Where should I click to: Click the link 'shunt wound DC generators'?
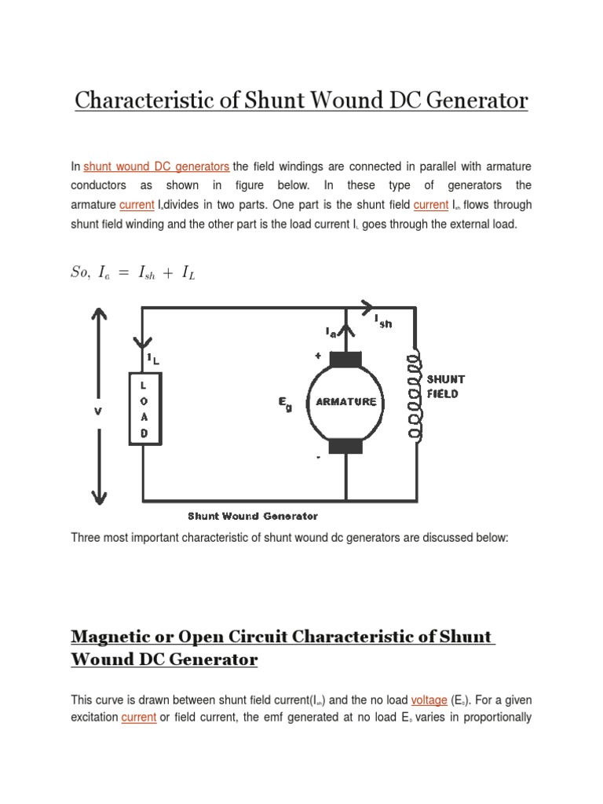(156, 166)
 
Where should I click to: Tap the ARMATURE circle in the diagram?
(345, 401)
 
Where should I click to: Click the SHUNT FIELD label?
(445, 386)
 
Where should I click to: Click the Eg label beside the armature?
(284, 403)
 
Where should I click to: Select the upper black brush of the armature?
(345, 360)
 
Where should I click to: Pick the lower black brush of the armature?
(345, 446)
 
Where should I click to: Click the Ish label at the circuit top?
(382, 321)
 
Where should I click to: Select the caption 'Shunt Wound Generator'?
(253, 516)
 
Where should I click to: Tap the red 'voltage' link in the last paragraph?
(429, 699)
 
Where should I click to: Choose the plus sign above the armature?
(318, 355)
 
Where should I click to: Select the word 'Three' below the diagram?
(86, 538)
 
